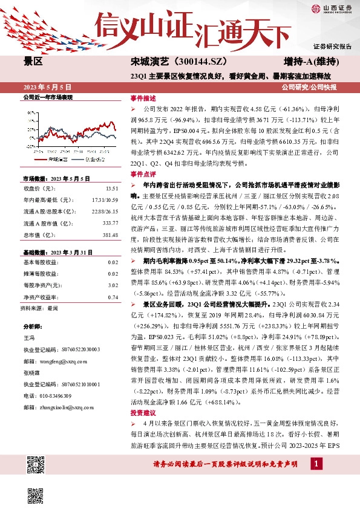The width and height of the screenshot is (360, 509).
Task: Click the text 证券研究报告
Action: pos(332,46)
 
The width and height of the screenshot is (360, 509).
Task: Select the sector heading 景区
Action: pos(33,62)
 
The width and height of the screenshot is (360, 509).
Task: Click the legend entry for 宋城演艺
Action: pos(61,160)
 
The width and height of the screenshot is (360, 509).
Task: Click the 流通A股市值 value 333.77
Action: pos(111,222)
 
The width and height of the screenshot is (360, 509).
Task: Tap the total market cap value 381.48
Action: pos(111,235)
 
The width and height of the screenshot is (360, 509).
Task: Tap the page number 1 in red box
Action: pos(315,480)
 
